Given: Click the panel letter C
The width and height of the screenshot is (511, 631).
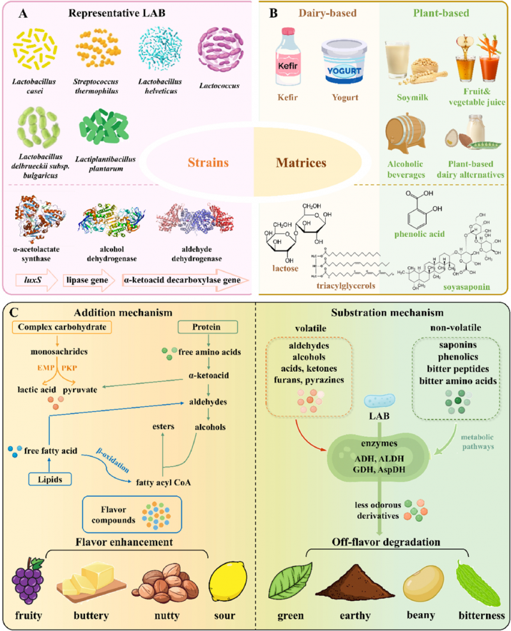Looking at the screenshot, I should (x=14, y=315).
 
